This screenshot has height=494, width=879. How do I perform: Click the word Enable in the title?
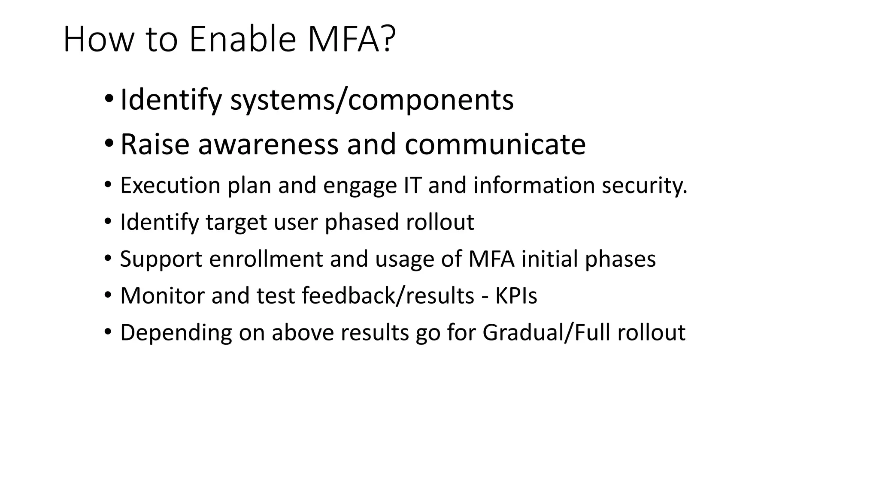242,39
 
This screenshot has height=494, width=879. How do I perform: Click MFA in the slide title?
343,39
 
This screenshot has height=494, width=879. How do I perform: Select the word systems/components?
372,100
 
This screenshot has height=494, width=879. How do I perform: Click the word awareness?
268,145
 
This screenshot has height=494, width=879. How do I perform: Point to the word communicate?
495,145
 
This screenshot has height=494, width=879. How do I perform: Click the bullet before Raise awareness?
109,143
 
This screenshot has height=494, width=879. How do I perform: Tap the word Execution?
170,186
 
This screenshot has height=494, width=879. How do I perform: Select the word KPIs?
516,296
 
